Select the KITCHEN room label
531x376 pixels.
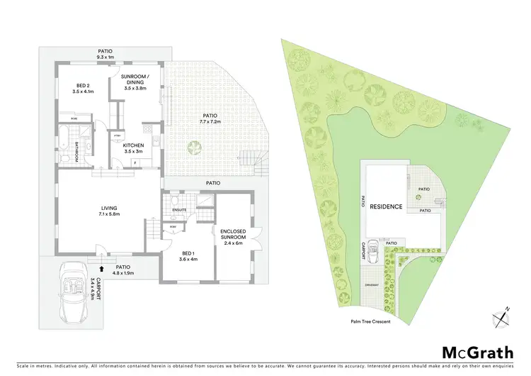click(x=134, y=148)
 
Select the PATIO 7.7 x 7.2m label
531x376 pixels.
click(x=209, y=118)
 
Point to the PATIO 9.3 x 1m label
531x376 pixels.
click(x=104, y=54)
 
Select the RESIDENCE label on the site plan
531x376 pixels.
click(x=389, y=207)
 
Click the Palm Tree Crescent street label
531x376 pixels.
click(x=370, y=321)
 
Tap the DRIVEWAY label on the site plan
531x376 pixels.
click(x=372, y=284)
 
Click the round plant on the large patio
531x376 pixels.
click(x=193, y=147)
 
